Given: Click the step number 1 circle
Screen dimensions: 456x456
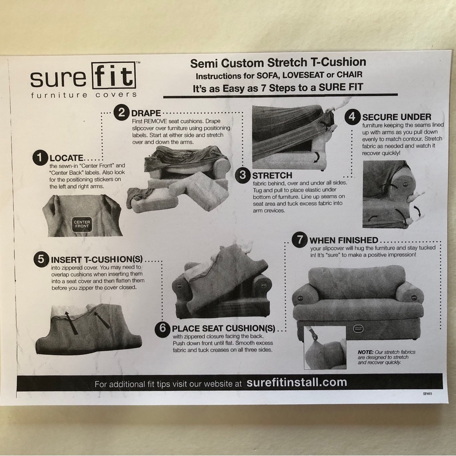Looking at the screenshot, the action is click(40, 158).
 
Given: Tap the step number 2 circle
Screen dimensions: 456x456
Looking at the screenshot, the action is click(122, 112).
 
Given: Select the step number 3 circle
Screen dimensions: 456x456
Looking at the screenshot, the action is click(243, 175).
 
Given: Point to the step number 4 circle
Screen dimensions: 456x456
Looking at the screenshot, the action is click(352, 117).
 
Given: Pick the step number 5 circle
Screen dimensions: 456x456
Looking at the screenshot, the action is click(41, 259).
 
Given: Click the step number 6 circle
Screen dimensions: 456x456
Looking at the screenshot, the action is click(163, 329).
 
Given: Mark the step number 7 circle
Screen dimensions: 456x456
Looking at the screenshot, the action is click(300, 240).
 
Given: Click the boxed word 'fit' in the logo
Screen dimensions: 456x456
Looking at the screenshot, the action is click(114, 76).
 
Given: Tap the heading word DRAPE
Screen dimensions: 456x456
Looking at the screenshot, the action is click(146, 113).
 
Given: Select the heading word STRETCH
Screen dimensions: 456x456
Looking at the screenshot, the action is click(272, 176).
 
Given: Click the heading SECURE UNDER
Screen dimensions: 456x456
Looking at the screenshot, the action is click(397, 117).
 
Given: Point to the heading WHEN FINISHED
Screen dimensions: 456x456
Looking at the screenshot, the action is click(344, 240).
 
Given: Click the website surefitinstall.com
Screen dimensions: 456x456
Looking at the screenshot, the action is click(297, 382).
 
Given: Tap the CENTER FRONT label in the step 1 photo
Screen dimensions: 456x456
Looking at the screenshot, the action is click(82, 224).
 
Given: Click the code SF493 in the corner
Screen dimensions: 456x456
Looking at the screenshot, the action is click(428, 394).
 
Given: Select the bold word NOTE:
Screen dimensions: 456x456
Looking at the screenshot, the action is click(366, 352).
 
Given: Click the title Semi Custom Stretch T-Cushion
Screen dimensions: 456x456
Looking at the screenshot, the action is click(278, 62).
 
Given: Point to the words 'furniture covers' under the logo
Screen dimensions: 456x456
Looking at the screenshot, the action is click(84, 95).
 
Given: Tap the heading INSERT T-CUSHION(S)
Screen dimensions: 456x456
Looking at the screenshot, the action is click(97, 259).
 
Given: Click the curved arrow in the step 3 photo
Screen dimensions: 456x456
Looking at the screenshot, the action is click(316, 157).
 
